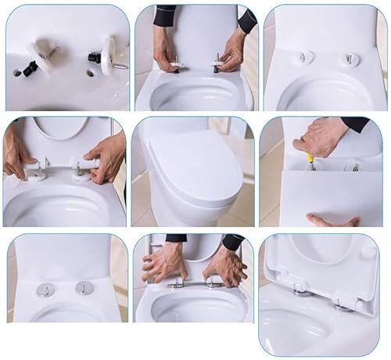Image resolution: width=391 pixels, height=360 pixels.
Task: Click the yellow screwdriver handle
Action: coord(310,160)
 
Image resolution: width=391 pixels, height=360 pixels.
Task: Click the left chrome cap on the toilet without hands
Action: coord(45,289)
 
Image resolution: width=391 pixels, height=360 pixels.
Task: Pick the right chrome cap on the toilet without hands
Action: coord(84,288)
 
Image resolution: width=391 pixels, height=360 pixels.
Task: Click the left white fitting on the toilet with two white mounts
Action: coord(305,58)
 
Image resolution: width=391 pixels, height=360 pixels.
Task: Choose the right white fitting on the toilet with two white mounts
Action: coord(350,59)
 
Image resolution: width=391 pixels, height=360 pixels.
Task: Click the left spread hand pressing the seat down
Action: coord(165,262)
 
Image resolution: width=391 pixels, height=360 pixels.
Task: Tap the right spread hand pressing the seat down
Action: coord(224,266)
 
